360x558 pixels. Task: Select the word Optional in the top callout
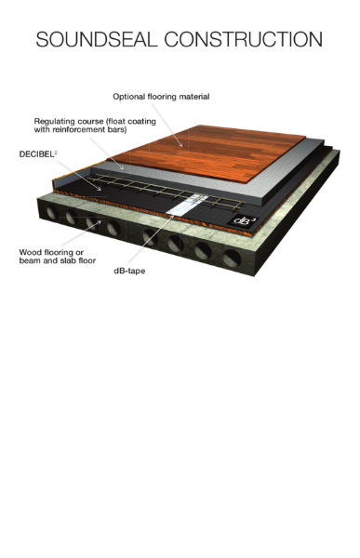(129, 96)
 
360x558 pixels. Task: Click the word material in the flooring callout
(192, 96)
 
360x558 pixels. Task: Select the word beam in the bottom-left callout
(33, 260)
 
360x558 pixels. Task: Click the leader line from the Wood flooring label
(84, 232)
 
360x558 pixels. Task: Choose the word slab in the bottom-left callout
(73, 260)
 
